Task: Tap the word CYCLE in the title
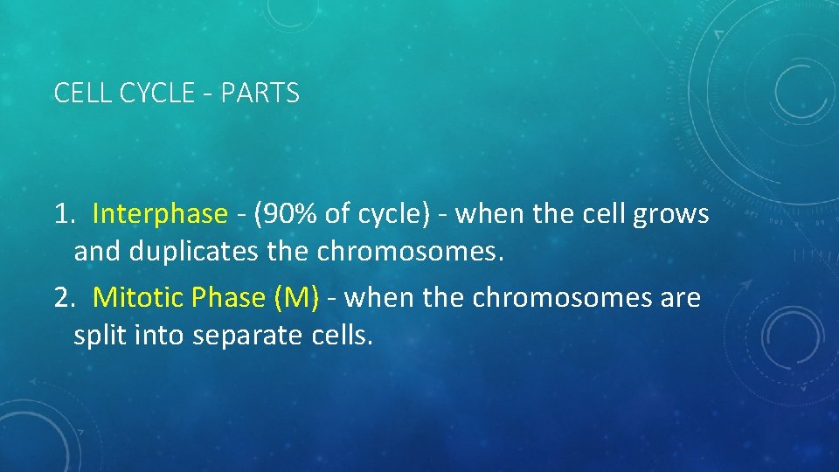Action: point(150,93)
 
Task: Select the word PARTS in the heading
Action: point(260,93)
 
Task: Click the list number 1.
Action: point(63,214)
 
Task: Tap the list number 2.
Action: point(63,298)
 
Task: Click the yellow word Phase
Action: point(227,298)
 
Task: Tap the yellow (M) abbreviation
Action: point(296,298)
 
